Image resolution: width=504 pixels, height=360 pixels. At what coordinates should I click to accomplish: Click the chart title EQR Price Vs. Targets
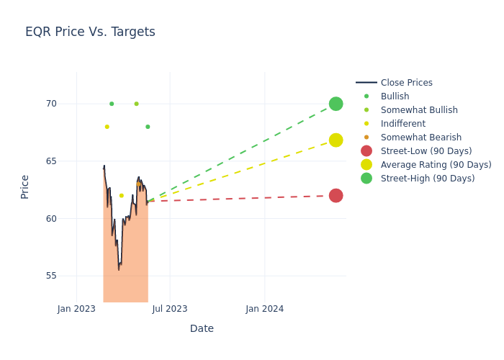tap(90, 32)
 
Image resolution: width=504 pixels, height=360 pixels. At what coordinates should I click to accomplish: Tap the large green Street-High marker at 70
tap(336, 104)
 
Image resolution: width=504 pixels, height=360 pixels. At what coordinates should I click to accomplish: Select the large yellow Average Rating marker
tap(336, 140)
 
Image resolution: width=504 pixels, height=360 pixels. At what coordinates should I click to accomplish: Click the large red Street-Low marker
tap(336, 196)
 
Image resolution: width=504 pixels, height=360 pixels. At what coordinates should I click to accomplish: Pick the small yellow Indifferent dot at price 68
tap(107, 127)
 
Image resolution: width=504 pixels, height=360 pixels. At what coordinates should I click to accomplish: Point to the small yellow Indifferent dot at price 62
tap(121, 196)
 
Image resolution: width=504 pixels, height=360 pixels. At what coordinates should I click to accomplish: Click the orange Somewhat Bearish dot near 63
tap(139, 184)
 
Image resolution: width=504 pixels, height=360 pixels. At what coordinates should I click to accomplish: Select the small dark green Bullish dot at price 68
tap(148, 127)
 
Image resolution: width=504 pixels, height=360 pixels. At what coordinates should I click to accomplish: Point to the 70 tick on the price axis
tap(51, 104)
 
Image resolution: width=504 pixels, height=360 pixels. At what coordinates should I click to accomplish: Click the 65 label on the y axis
tap(51, 161)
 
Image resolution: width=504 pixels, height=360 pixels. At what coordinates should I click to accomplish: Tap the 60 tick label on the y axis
tap(51, 219)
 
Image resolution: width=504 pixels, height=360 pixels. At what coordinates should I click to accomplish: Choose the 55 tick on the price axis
tap(51, 276)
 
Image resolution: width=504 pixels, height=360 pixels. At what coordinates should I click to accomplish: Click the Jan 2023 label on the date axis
tap(76, 309)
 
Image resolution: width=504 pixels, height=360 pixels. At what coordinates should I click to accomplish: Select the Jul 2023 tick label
tap(170, 309)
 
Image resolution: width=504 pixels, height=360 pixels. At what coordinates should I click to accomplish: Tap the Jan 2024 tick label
tap(264, 309)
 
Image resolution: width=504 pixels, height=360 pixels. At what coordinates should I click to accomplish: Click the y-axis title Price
tap(25, 186)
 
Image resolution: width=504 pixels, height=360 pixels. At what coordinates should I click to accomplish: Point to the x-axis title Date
tap(202, 328)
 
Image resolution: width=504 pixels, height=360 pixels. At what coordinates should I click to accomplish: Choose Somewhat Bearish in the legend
tap(420, 138)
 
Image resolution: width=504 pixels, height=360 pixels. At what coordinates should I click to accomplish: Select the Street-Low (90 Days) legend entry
tap(426, 151)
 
